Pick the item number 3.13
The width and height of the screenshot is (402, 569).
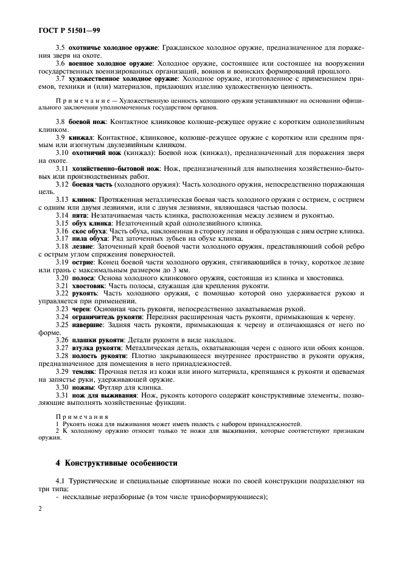pyautogui.click(x=63, y=199)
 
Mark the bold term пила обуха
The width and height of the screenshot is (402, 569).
pyautogui.click(x=90, y=238)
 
